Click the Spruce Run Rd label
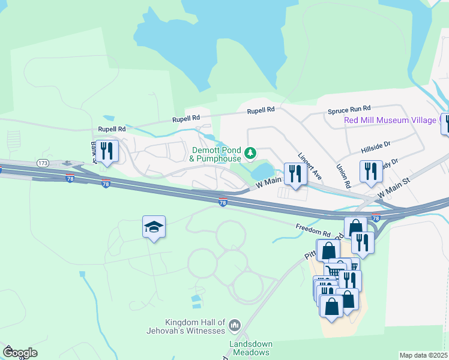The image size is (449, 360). [x=349, y=111]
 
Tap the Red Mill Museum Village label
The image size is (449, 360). [x=390, y=120]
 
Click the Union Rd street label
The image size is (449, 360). [x=343, y=176]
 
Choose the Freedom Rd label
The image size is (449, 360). [x=313, y=229]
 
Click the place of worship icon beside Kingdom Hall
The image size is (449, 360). [x=234, y=325]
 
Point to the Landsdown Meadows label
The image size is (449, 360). [x=251, y=348]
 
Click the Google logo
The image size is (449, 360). [x=20, y=352]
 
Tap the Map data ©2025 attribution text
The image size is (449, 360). [x=423, y=355]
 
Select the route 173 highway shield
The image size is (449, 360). [x=42, y=163]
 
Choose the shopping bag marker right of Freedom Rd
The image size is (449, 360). [x=355, y=227]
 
